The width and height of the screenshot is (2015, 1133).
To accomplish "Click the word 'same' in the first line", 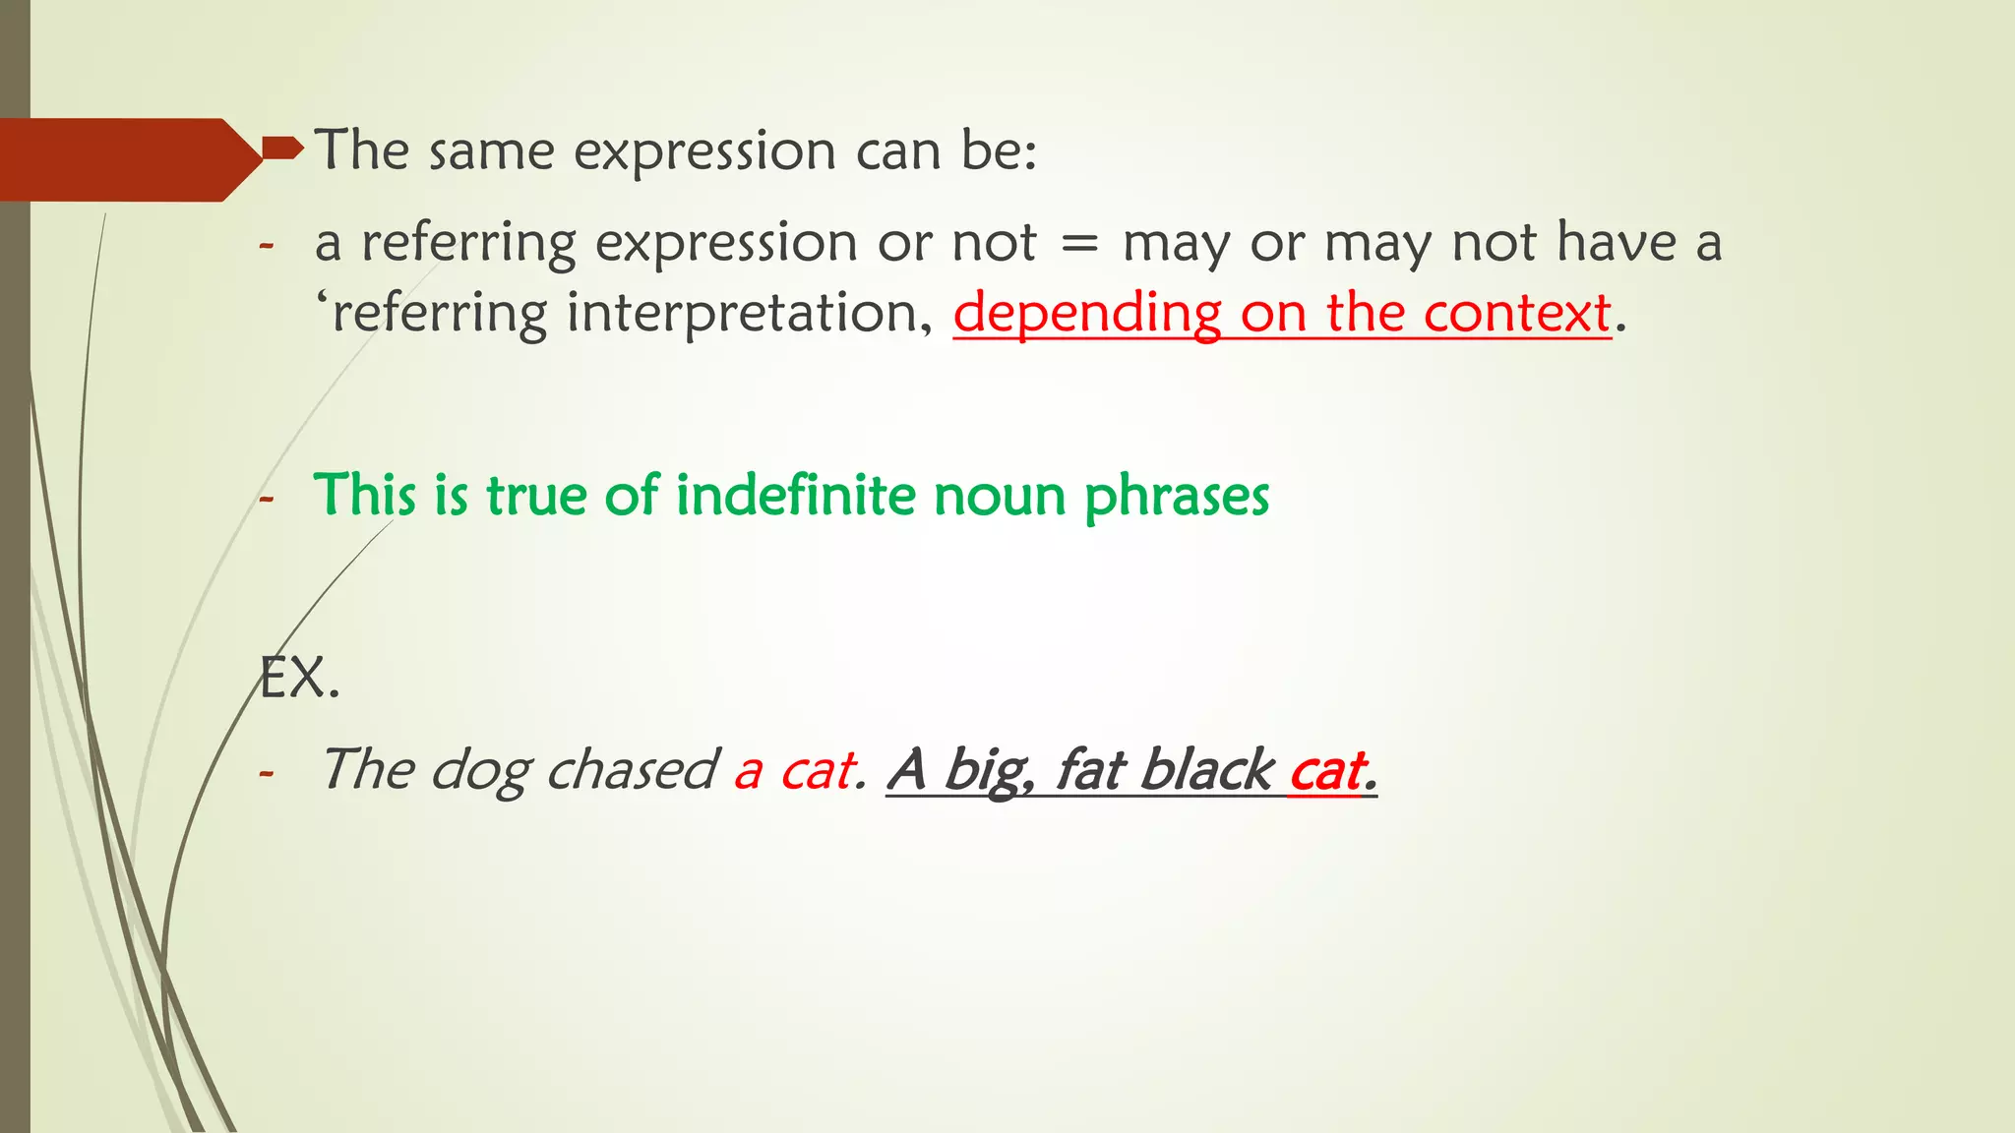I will pyautogui.click(x=491, y=151).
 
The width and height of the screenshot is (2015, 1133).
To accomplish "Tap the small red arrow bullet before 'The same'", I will pyautogui.click(x=282, y=149).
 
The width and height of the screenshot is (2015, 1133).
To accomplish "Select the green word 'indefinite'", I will pyautogui.click(x=795, y=495).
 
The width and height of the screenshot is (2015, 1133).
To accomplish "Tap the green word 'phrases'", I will pyautogui.click(x=1177, y=497).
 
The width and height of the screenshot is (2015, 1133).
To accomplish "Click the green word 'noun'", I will pyautogui.click(x=1000, y=497).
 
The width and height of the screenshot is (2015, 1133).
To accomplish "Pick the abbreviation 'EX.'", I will pyautogui.click(x=299, y=679).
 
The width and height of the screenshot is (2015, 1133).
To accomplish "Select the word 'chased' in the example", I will pyautogui.click(x=632, y=769).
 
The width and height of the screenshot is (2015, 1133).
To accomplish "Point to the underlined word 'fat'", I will pyautogui.click(x=1089, y=769).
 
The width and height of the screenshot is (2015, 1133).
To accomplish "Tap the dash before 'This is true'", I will pyautogui.click(x=266, y=499).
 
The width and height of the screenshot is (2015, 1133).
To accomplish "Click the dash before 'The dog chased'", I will pyautogui.click(x=266, y=773).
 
